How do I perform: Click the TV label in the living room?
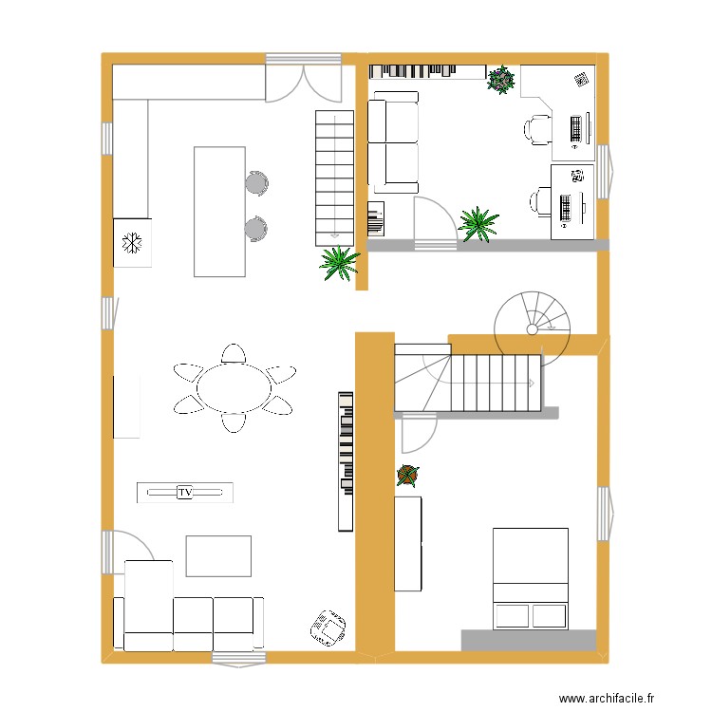click(184, 492)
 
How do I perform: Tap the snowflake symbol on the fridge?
click(132, 244)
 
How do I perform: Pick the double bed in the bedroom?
click(530, 578)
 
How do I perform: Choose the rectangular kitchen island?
click(219, 212)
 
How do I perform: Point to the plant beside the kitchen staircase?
click(339, 262)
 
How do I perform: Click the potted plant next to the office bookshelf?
click(500, 80)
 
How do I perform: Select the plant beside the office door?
click(478, 224)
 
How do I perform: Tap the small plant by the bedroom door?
click(407, 475)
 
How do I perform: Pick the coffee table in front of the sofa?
click(218, 556)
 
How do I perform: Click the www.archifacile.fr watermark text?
click(607, 698)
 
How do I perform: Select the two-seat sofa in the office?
click(393, 142)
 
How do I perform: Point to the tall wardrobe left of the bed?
click(407, 542)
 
